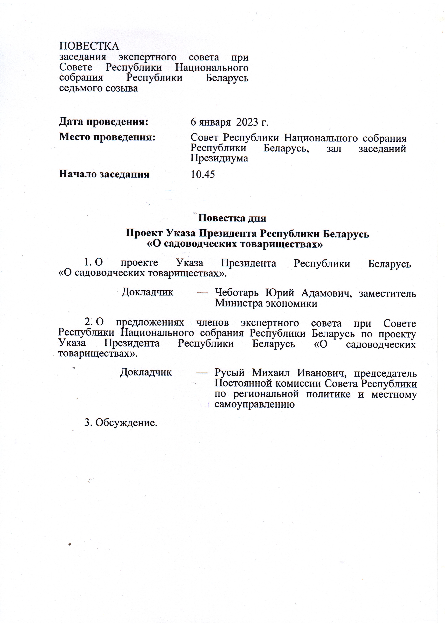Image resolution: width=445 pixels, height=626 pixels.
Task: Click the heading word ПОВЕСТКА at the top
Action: pyautogui.click(x=89, y=46)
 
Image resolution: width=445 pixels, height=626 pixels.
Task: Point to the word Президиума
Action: pyautogui.click(x=219, y=158)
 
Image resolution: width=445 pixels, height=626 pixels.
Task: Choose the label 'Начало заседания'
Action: pyautogui.click(x=104, y=174)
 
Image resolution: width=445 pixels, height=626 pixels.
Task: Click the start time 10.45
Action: pyautogui.click(x=203, y=174)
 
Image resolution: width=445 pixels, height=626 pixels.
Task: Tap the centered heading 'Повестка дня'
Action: pyautogui.click(x=232, y=218)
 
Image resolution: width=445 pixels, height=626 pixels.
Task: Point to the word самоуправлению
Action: pyautogui.click(x=255, y=404)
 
